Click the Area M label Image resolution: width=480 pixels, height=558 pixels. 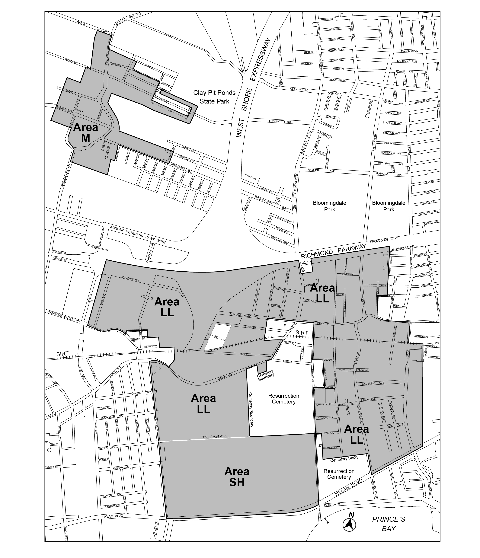(x=86, y=132)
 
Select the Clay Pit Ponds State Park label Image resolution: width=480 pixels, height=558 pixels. (x=214, y=97)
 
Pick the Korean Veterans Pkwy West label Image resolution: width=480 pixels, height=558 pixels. (x=138, y=234)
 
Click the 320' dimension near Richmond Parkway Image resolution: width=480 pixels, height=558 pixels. (x=305, y=262)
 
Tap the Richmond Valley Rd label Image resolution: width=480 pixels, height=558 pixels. (x=64, y=317)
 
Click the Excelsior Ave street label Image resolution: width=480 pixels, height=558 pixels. (x=373, y=383)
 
